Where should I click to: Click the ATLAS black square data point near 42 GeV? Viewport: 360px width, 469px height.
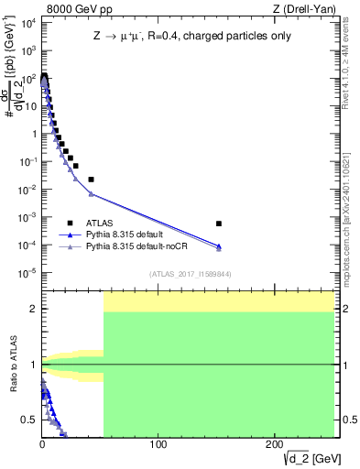click(x=91, y=180)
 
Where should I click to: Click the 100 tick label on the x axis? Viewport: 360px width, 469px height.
click(x=158, y=444)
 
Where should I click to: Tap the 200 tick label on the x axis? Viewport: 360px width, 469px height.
click(x=274, y=444)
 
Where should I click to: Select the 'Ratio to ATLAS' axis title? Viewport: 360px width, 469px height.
click(x=12, y=365)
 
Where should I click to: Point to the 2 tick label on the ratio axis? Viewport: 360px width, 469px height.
click(x=32, y=309)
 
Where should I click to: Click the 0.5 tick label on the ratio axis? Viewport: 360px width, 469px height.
click(x=27, y=420)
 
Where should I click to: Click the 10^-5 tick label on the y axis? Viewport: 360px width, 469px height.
click(x=27, y=273)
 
